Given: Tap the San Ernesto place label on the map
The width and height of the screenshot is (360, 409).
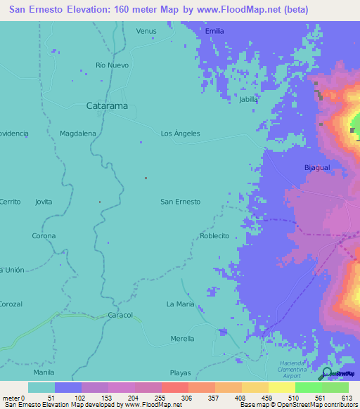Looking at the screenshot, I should pyautogui.click(x=181, y=202).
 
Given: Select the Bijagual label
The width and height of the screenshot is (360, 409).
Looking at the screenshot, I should pyautogui.click(x=316, y=167).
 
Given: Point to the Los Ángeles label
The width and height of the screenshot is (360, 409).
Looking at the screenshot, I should pyautogui.click(x=181, y=134).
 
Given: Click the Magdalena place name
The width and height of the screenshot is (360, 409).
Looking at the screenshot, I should pyautogui.click(x=78, y=134).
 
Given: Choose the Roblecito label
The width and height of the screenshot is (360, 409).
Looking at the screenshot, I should pyautogui.click(x=214, y=236).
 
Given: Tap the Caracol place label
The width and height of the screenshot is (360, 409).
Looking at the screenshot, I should pyautogui.click(x=120, y=316).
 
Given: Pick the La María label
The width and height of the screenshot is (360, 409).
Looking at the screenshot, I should pyautogui.click(x=180, y=304).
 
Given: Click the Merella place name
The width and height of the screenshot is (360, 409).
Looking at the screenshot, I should pyautogui.click(x=182, y=339).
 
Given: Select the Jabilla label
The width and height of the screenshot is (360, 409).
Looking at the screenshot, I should pyautogui.click(x=249, y=100).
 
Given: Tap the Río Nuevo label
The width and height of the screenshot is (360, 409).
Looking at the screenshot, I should pyautogui.click(x=110, y=65).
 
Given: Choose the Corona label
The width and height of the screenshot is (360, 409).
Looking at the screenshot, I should pyautogui.click(x=44, y=236).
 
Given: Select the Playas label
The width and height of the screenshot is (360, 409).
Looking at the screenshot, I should pyautogui.click(x=180, y=372).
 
